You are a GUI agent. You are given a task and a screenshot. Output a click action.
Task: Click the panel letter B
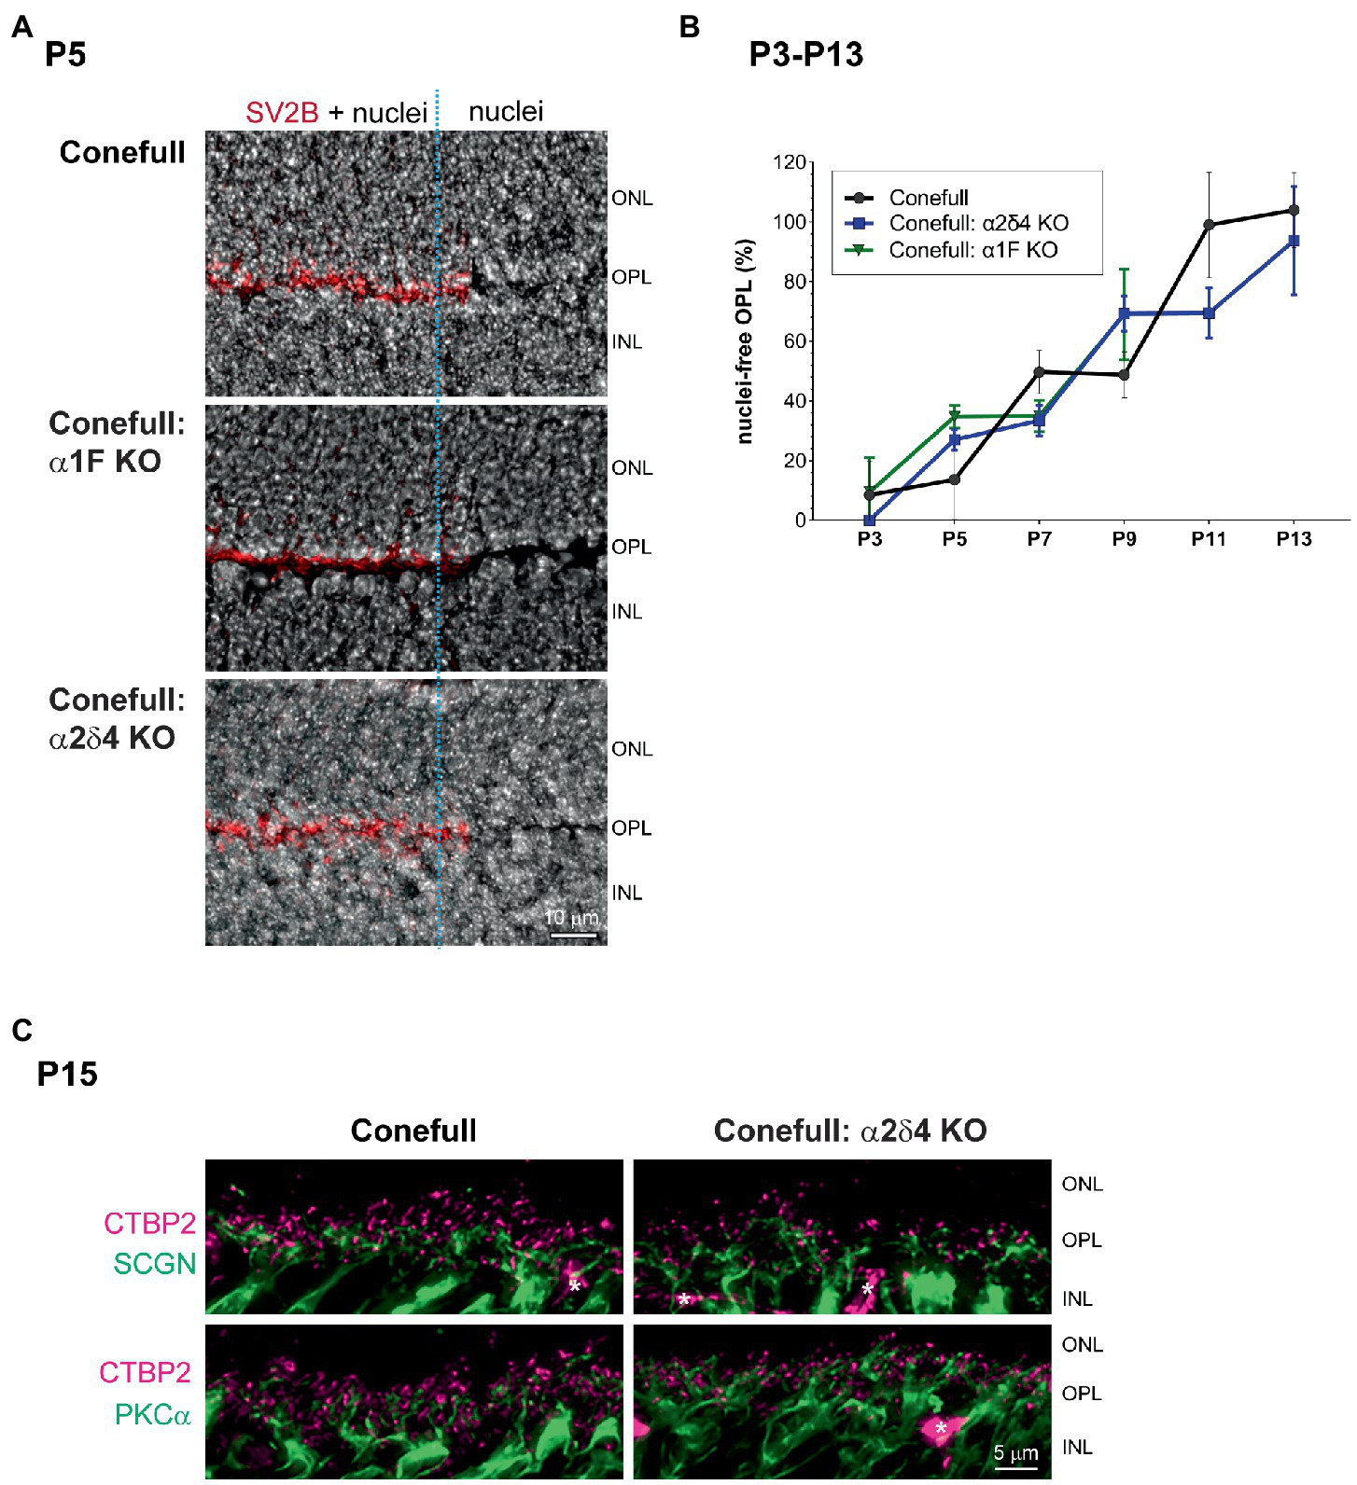click(x=690, y=27)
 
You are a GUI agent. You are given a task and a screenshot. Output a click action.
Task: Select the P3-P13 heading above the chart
click(x=805, y=55)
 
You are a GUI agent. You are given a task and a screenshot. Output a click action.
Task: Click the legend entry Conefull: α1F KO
click(x=972, y=250)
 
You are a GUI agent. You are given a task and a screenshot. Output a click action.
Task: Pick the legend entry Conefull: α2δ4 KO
click(x=978, y=224)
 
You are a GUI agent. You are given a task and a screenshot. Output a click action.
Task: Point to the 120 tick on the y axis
click(x=789, y=162)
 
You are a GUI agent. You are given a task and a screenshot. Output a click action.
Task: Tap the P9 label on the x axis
click(x=1124, y=539)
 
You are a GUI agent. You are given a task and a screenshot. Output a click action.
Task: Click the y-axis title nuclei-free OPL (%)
click(x=745, y=341)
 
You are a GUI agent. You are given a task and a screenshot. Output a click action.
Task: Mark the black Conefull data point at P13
click(x=1294, y=211)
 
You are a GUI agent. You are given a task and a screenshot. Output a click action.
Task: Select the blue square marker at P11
click(x=1209, y=313)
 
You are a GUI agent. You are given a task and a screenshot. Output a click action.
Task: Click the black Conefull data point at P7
click(x=1039, y=372)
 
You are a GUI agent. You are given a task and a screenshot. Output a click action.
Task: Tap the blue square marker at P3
click(x=870, y=520)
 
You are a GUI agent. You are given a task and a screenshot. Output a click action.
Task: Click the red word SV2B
click(x=282, y=113)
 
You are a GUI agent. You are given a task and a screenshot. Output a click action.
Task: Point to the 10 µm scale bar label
click(x=571, y=918)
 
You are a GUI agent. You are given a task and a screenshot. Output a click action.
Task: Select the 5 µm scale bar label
click(x=1015, y=1452)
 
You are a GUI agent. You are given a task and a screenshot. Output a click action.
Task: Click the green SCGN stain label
click(x=155, y=1264)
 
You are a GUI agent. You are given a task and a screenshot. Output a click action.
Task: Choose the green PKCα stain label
click(x=152, y=1415)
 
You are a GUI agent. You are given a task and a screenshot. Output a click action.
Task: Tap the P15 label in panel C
click(x=67, y=1075)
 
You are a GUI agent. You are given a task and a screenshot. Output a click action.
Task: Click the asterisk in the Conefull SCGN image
click(x=575, y=1286)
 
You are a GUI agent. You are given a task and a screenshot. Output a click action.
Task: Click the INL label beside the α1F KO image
click(x=627, y=612)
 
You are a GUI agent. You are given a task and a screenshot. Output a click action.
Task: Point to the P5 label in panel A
click(x=65, y=55)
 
